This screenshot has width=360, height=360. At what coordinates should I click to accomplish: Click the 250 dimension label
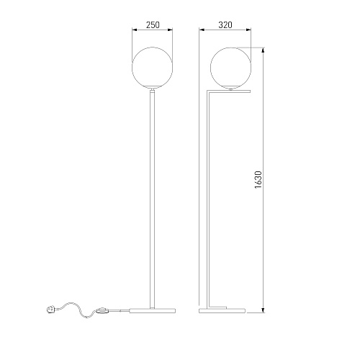[x=153, y=24]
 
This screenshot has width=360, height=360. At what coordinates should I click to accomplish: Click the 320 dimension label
[x=225, y=24]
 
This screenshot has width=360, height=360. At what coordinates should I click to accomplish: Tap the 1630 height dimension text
[x=258, y=180]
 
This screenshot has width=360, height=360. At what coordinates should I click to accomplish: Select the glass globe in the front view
[x=152, y=68]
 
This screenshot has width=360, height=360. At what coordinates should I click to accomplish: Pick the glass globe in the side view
[x=230, y=68]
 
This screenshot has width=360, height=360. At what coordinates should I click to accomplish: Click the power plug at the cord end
[x=50, y=310]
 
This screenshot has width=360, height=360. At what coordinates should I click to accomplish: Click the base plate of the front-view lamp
[x=153, y=310]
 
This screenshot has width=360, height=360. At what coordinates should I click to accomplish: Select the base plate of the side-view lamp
[x=222, y=310]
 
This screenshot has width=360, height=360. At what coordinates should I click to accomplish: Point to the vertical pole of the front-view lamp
[x=152, y=200]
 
